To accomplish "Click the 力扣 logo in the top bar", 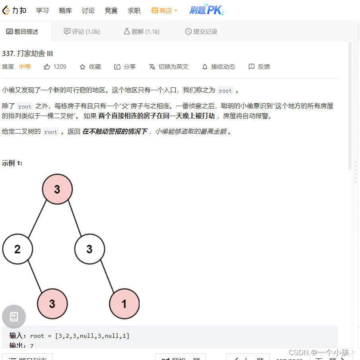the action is coord(14,10).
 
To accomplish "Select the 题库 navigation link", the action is coord(65,11).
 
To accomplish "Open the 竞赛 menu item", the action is coord(111,11).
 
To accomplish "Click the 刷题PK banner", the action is coord(206,10).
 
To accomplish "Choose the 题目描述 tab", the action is coord(23,31).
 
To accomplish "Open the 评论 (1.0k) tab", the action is coord(82,31).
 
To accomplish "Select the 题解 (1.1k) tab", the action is coord(142,31).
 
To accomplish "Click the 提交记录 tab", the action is coord(201,31).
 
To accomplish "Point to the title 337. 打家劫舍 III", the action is coord(27,54).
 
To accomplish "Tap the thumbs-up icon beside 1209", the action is coord(47,67).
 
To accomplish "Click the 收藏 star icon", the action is coord(83,67).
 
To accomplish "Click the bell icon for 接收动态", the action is coord(205,67).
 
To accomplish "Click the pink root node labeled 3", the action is coord(57,189).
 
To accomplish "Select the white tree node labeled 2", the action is coord(18,249).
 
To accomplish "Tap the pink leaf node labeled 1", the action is coord(124,304).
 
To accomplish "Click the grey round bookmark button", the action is coord(14,317).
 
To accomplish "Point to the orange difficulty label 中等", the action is coord(25,67).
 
